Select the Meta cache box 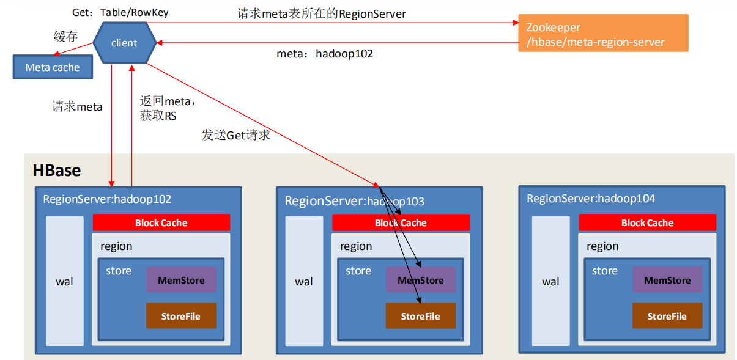53,67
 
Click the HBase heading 57,171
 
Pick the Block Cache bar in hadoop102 161,222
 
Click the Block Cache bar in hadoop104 647,222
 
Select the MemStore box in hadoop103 420,280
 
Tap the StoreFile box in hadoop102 180,316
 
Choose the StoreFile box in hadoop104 667,316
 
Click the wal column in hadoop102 65,281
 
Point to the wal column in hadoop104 550,281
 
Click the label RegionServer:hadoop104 591,199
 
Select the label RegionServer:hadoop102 107,199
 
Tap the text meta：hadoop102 325,54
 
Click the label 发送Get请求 236,135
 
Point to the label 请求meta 77,107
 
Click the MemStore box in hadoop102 180,280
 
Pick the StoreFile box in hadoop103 420,316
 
